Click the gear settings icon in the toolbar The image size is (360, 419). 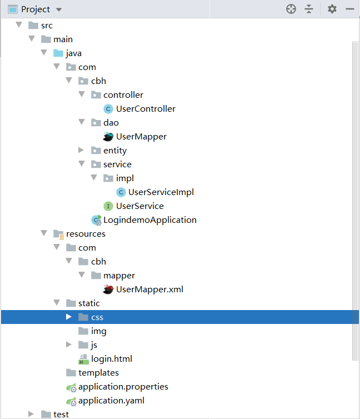(x=332, y=9)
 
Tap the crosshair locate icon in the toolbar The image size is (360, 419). (x=291, y=9)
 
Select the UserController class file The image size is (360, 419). (x=146, y=109)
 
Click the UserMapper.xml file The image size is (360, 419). (x=149, y=290)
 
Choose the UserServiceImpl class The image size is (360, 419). (x=161, y=192)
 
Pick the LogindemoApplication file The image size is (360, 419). (x=149, y=220)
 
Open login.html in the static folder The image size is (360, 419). (x=111, y=359)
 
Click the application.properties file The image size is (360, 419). (x=123, y=387)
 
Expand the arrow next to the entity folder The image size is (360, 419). (x=81, y=151)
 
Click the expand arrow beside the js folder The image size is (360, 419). (x=68, y=345)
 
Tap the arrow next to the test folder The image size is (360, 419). (x=31, y=415)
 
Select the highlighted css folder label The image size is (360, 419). (x=97, y=317)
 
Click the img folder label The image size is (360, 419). (x=98, y=331)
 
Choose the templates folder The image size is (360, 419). (x=98, y=373)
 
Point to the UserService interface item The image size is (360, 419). (x=139, y=206)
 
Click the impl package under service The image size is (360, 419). (x=124, y=178)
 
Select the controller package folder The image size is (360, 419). (x=123, y=95)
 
